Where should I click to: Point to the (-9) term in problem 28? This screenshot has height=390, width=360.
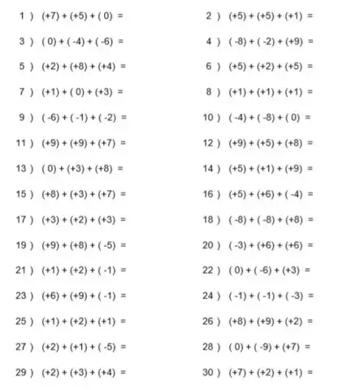260,347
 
